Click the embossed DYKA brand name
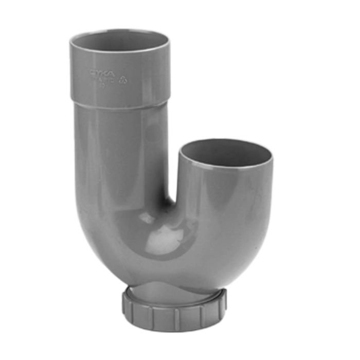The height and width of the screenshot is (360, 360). point(102,73)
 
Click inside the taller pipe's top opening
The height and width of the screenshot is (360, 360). point(119,41)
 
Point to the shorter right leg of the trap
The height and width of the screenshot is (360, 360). point(226,206)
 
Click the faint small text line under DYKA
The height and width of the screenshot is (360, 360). point(103,81)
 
